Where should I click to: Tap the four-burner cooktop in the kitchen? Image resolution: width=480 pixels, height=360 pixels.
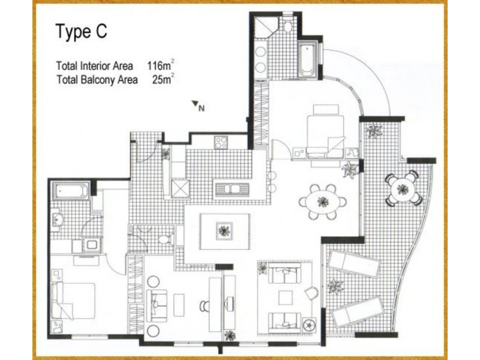(x=221, y=143)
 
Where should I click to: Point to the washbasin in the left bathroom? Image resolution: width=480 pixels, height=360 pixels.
(x=58, y=219)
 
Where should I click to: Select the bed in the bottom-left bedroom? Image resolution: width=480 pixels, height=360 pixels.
(x=73, y=301)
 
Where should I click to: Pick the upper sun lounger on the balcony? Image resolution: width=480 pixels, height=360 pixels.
(x=352, y=264)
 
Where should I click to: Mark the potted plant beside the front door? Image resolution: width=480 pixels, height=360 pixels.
(x=166, y=154)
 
